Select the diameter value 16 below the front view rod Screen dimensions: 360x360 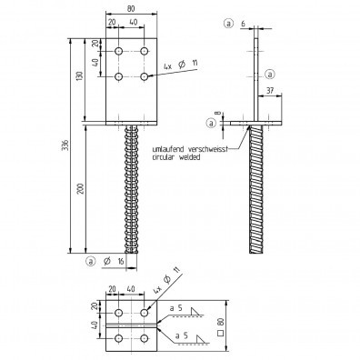click(x=120, y=262)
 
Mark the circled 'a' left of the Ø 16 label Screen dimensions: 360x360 click(x=91, y=262)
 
